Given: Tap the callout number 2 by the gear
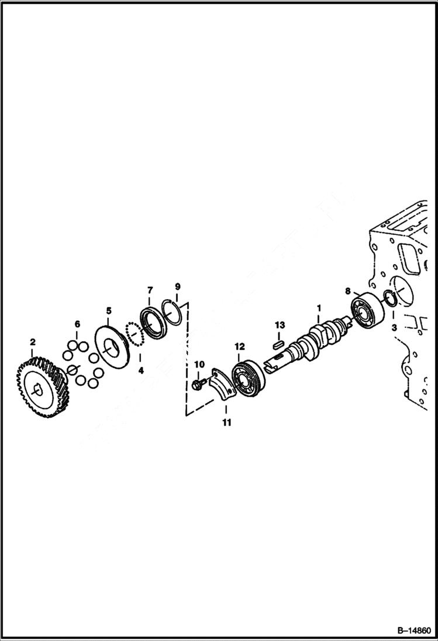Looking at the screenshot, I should coord(33,341).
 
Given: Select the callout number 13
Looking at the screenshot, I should coord(280,325).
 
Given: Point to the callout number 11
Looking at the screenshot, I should coord(226,422).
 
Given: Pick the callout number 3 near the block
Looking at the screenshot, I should coord(394,328).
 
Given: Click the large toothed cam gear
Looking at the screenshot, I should coord(44,386).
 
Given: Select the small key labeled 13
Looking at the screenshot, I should coord(280,342).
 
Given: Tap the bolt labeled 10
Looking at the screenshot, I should coord(196,384).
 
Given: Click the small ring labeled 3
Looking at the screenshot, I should coord(391,298).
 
